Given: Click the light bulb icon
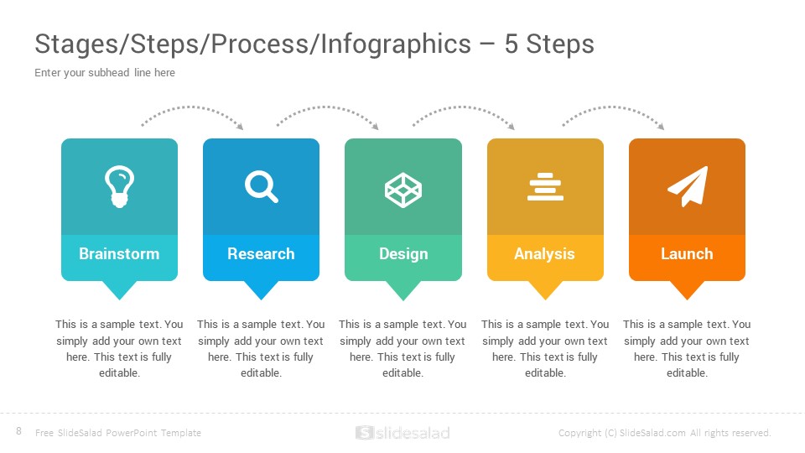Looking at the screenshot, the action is (x=119, y=186).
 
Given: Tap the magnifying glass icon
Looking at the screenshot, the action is (x=262, y=187).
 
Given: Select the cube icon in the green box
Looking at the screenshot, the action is (x=403, y=190).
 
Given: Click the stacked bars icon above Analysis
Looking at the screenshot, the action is (x=545, y=186).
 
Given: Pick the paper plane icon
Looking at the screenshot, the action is (x=688, y=186).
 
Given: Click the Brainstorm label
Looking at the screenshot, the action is (x=119, y=253).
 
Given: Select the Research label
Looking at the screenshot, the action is (x=261, y=253).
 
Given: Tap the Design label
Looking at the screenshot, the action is (x=403, y=254).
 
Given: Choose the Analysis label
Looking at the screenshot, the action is (x=545, y=254).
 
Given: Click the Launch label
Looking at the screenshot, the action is (x=687, y=253).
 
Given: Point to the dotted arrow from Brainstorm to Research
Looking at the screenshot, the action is (x=193, y=107).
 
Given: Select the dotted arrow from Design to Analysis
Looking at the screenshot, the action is (x=462, y=107).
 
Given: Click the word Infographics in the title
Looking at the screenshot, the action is (x=396, y=44).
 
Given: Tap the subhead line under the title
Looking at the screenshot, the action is (x=105, y=73).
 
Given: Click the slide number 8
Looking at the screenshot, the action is (x=19, y=431).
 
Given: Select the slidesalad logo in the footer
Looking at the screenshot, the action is (x=402, y=433).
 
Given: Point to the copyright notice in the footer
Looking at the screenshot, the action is (x=665, y=433).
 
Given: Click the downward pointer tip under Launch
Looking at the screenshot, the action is (x=687, y=300).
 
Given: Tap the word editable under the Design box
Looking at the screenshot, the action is (x=402, y=373).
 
